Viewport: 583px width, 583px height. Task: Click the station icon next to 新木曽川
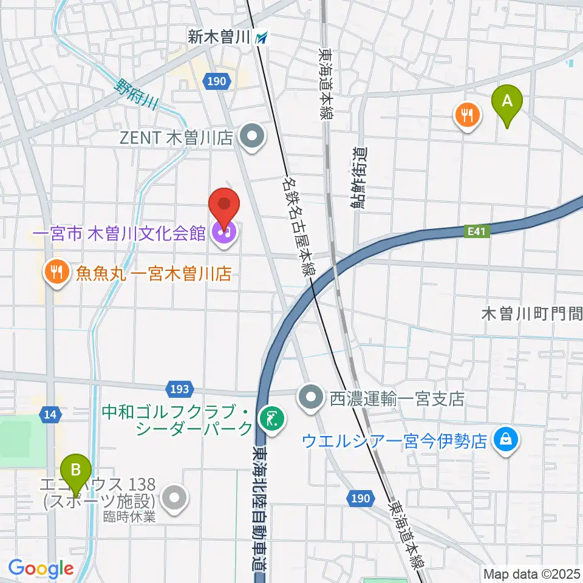click(262, 38)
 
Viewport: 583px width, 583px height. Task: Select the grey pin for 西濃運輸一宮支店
click(311, 398)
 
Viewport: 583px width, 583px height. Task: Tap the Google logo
click(41, 569)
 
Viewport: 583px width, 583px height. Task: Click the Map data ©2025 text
click(531, 573)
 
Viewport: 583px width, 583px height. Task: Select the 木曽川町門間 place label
click(531, 314)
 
